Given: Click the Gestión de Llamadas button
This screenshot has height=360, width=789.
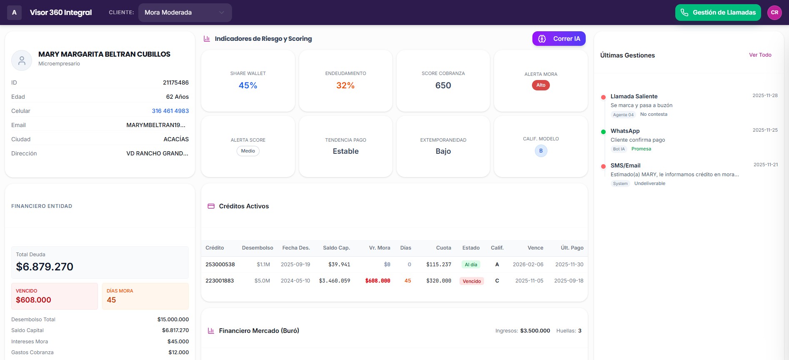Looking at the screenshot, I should point(718,12).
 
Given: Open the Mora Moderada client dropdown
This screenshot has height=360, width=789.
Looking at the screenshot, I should point(185,12).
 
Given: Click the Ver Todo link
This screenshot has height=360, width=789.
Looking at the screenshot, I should point(760,55).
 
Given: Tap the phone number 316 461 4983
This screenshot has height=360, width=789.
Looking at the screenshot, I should point(170,111).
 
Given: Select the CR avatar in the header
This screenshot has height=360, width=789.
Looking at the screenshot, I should point(774,12).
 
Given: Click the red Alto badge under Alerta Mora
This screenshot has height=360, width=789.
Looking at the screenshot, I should point(541,85).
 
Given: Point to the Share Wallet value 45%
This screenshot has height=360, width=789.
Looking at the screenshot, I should point(248,85).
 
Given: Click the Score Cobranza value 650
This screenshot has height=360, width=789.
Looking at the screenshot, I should point(443,85).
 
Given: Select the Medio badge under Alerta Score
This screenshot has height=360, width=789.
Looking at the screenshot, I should point(248,151).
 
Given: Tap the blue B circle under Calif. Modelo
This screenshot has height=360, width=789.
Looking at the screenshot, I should point(541,151).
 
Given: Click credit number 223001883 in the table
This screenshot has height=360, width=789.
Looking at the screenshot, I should point(220,281).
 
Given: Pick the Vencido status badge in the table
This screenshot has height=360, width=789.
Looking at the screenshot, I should point(472,281).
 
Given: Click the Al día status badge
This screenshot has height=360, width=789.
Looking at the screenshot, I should point(471,265).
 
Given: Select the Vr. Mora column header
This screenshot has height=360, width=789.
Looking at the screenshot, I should point(379,248).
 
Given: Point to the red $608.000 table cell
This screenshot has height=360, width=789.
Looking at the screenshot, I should point(377,281).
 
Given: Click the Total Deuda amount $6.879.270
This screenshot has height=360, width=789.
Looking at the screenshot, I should point(45,267).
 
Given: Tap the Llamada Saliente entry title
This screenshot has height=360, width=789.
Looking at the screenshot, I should point(634,96).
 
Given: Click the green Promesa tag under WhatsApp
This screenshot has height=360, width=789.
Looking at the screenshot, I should point(641,149).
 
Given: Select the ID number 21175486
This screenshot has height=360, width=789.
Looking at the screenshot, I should point(175,82).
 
